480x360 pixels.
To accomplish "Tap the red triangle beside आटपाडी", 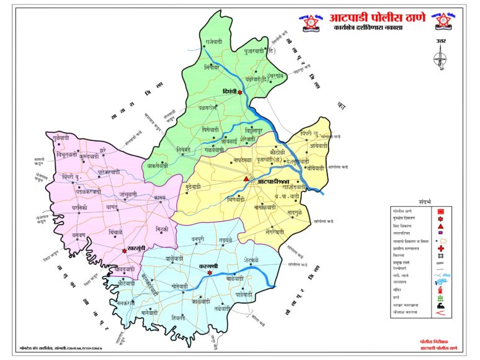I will [x=246, y=180].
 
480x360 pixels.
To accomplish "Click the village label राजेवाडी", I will [x=212, y=42].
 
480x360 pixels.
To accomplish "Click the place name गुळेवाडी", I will [x=66, y=137].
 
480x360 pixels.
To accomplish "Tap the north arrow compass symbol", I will [x=442, y=56].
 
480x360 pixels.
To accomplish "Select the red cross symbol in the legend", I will [x=440, y=248].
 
